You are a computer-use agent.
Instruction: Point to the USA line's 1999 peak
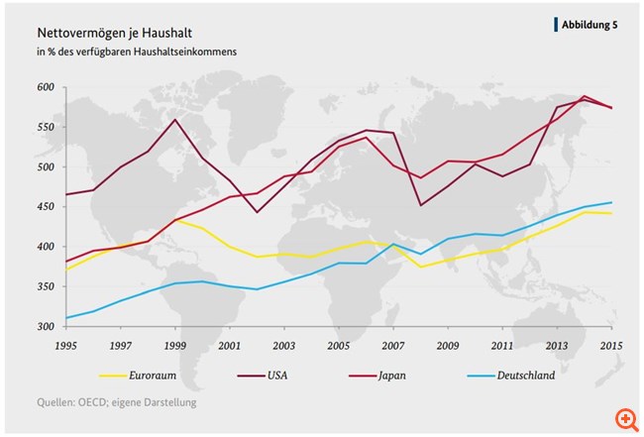(x=175, y=120)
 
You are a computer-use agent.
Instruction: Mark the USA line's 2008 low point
(x=420, y=205)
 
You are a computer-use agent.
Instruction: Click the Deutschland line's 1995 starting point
(x=67, y=318)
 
